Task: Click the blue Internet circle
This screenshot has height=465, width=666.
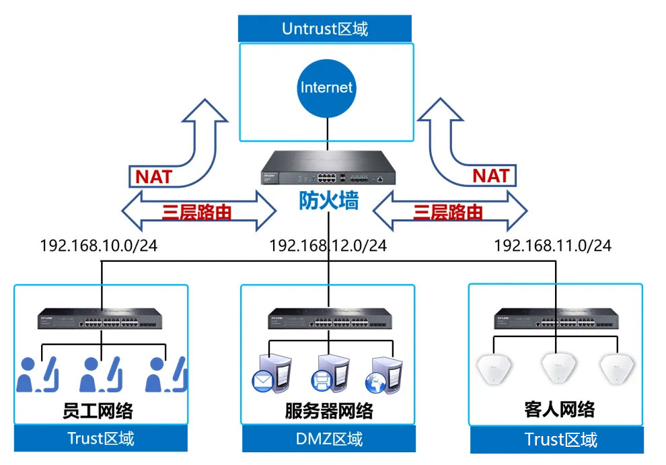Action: [x=326, y=87]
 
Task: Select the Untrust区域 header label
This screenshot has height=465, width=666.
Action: [x=325, y=29]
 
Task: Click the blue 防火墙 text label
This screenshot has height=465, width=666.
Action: [x=328, y=201]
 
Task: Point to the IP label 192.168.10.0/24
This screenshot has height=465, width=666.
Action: [x=99, y=245]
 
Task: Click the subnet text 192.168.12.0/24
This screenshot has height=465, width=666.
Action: [x=328, y=245]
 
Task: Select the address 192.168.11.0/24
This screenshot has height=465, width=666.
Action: [x=553, y=245]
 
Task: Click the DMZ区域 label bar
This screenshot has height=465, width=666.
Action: [x=329, y=439]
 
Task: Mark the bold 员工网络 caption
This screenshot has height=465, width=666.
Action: [x=101, y=410]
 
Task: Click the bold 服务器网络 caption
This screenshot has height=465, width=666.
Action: [x=328, y=410]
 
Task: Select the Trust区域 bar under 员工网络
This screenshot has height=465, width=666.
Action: [x=101, y=439]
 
